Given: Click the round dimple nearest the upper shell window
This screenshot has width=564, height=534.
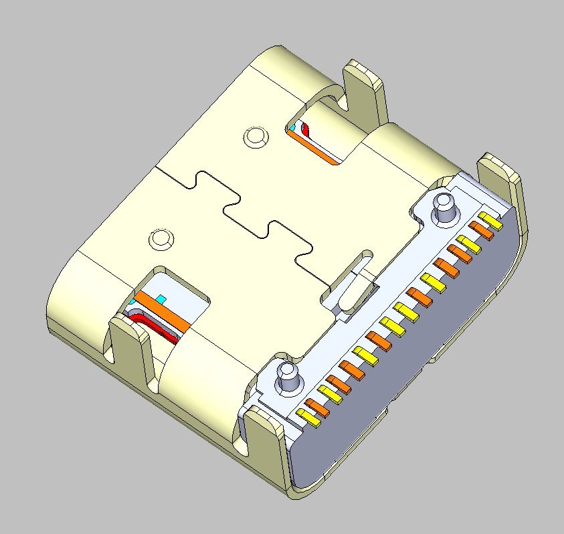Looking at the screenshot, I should point(254,137).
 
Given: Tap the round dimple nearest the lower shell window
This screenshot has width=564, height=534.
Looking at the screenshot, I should point(161,238).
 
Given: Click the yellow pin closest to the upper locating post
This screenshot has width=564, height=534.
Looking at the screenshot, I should point(490,220).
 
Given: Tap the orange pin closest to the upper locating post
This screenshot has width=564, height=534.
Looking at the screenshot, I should point(480,230).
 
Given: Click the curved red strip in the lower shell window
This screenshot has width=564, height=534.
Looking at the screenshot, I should point(157,326).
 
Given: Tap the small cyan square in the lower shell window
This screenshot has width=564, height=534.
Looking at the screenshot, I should point(160,298).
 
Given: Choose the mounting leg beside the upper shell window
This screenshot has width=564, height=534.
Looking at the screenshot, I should point(365,94).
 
